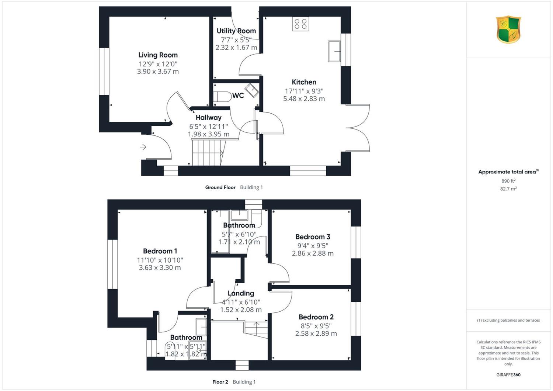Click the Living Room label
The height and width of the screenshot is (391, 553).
click(158, 55)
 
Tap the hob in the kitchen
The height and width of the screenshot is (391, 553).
click(300, 24)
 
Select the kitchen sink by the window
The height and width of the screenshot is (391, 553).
click(334, 51)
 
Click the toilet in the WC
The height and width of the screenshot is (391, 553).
click(222, 97)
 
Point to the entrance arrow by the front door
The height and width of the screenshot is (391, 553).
click(143, 147)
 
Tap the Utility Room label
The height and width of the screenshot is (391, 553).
click(236, 31)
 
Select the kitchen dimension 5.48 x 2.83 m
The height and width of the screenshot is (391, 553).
click(304, 99)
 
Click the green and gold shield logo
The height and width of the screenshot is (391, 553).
click(508, 30)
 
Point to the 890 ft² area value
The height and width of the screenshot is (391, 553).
click(508, 181)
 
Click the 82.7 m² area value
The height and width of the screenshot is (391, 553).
click(508, 189)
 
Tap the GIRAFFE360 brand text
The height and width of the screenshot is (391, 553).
click(508, 375)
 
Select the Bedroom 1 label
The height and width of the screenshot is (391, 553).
click(160, 251)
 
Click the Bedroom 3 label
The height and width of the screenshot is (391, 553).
click(313, 236)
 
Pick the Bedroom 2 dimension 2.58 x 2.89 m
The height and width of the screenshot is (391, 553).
click(316, 333)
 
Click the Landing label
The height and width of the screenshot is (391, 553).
click(241, 293)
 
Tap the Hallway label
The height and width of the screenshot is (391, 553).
click(209, 117)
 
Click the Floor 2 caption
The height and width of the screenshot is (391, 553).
click(220, 382)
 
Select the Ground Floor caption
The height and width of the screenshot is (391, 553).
click(220, 187)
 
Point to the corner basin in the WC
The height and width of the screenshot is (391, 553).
click(252, 90)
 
